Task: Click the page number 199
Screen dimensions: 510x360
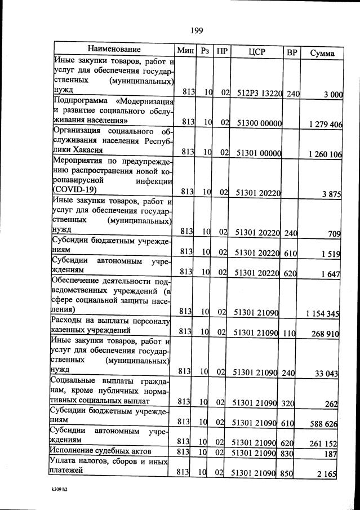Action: (x=197, y=30)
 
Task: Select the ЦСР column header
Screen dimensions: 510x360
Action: (x=256, y=52)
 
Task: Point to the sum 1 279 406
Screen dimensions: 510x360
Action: (x=326, y=125)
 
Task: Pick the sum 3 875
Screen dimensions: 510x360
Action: (x=332, y=194)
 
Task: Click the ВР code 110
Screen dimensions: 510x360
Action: (x=290, y=333)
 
